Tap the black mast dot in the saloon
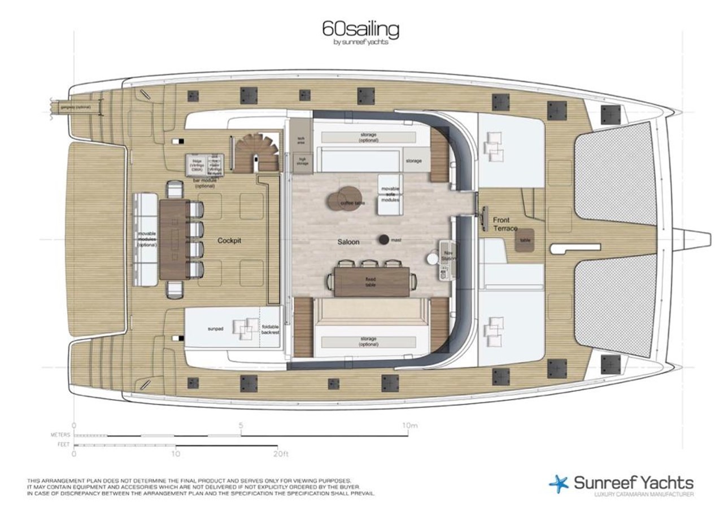click(x=384, y=240)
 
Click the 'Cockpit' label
click(x=229, y=240)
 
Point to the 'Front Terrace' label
click(x=505, y=224)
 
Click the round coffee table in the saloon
click(x=342, y=199)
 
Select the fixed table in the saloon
click(x=371, y=281)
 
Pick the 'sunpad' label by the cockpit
click(x=213, y=327)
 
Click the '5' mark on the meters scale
click(x=241, y=426)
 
